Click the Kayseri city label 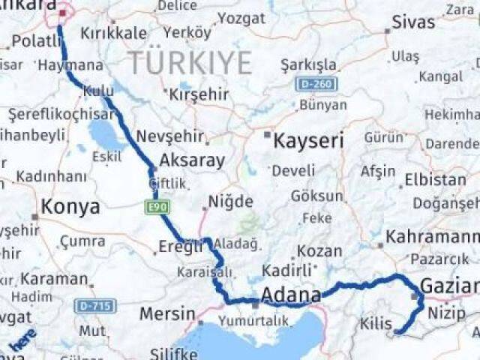tap(308, 141)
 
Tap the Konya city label tap(70, 207)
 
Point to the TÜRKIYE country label tap(189, 63)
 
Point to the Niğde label tap(230, 202)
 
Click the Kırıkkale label tap(112, 34)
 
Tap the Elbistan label tap(434, 180)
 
